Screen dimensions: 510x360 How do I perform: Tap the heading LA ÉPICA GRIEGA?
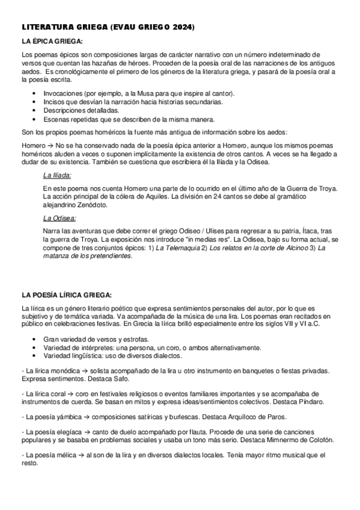(52, 41)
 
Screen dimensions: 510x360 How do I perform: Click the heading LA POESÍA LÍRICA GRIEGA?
(67, 295)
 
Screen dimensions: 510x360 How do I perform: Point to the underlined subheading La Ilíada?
(57, 175)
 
